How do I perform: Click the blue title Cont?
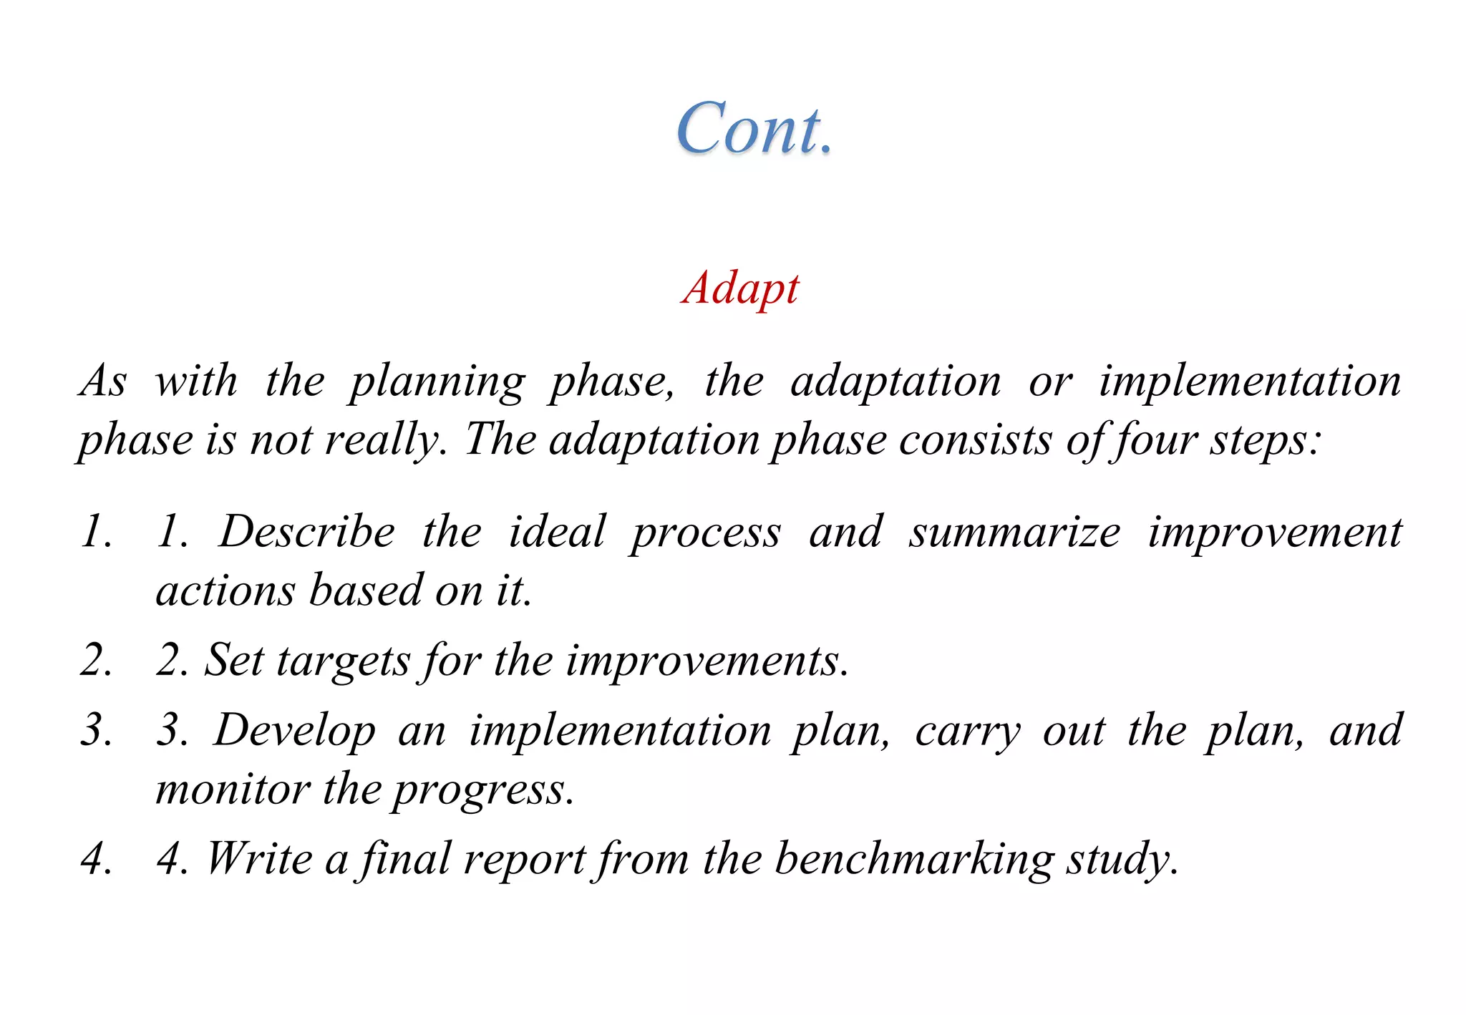tap(755, 129)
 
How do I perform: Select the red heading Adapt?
tap(741, 288)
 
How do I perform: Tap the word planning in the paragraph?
tap(437, 382)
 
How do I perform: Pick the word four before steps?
tap(1153, 439)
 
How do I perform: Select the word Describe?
tap(306, 532)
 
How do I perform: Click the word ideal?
tap(557, 532)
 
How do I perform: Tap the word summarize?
tap(1014, 532)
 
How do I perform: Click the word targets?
tap(343, 660)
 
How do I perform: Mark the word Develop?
tap(294, 731)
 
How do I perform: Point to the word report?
tap(524, 859)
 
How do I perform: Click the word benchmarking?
tap(914, 859)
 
